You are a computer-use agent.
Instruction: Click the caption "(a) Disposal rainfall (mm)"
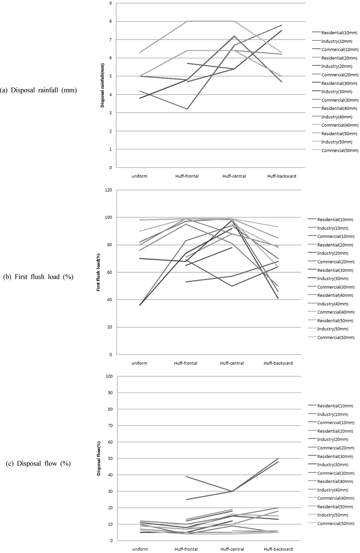[x=38, y=90]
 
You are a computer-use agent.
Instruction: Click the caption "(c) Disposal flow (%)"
[x=38, y=464]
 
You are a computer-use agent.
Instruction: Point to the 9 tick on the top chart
[x=110, y=3]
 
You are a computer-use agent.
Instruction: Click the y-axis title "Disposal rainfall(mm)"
[x=102, y=85]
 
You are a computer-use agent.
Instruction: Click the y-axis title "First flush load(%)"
[x=98, y=272]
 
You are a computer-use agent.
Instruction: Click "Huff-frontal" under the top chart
[x=187, y=176]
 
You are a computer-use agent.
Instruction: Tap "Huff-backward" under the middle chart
[x=278, y=363]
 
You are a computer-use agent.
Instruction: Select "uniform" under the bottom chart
[x=139, y=549]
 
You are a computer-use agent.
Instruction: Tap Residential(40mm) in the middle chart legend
[x=336, y=296]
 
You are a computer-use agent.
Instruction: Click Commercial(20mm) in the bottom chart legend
[x=335, y=448]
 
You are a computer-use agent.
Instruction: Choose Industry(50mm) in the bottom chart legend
[x=332, y=515]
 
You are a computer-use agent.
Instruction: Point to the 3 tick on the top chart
[x=110, y=113]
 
